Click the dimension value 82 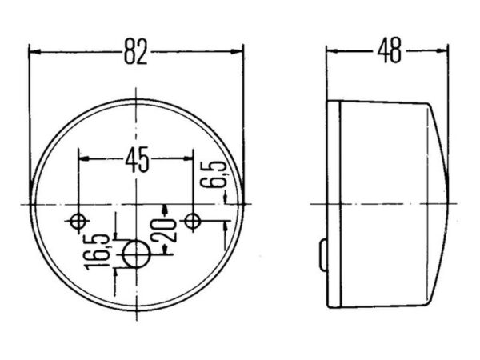(x=136, y=52)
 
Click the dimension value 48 (x=389, y=50)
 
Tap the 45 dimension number (x=137, y=159)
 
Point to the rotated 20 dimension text (x=163, y=230)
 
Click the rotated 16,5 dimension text (x=98, y=252)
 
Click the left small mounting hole (x=78, y=222)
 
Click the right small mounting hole (x=193, y=221)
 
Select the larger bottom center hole (x=137, y=254)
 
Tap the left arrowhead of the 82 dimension (x=35, y=52)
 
